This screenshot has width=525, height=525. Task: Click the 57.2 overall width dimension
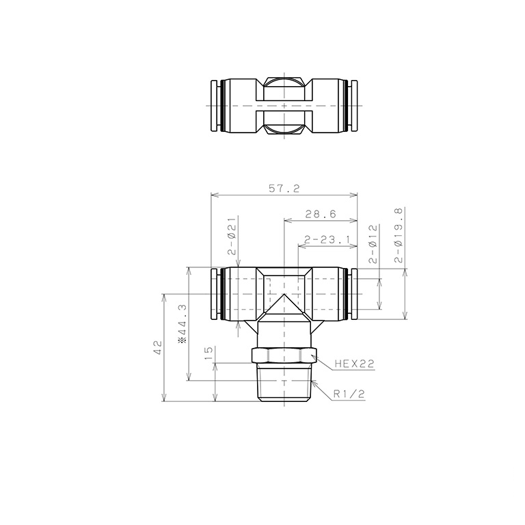pyautogui.click(x=284, y=189)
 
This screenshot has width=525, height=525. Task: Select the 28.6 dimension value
pyautogui.click(x=320, y=214)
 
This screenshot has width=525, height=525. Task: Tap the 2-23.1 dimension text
pyautogui.click(x=326, y=240)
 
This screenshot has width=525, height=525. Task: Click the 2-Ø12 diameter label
pyautogui.click(x=373, y=243)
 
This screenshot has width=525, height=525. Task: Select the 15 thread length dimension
pyautogui.click(x=208, y=353)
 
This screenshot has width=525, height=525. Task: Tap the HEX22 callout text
pyautogui.click(x=355, y=365)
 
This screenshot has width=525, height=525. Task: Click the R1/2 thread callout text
pyautogui.click(x=350, y=394)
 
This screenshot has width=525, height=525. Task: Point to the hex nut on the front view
pyautogui.click(x=284, y=356)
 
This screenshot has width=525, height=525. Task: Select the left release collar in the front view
pyautogui.click(x=215, y=295)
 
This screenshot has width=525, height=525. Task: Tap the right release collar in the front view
pyautogui.click(x=353, y=295)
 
